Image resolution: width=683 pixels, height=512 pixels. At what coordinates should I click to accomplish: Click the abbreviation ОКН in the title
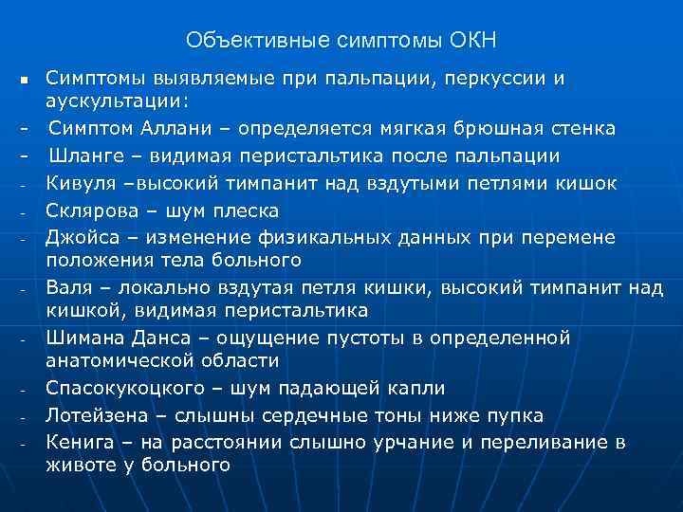(x=472, y=41)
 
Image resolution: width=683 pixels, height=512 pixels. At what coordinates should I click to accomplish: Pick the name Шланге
(x=87, y=155)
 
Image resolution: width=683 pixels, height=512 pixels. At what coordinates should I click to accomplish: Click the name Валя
(x=66, y=285)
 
